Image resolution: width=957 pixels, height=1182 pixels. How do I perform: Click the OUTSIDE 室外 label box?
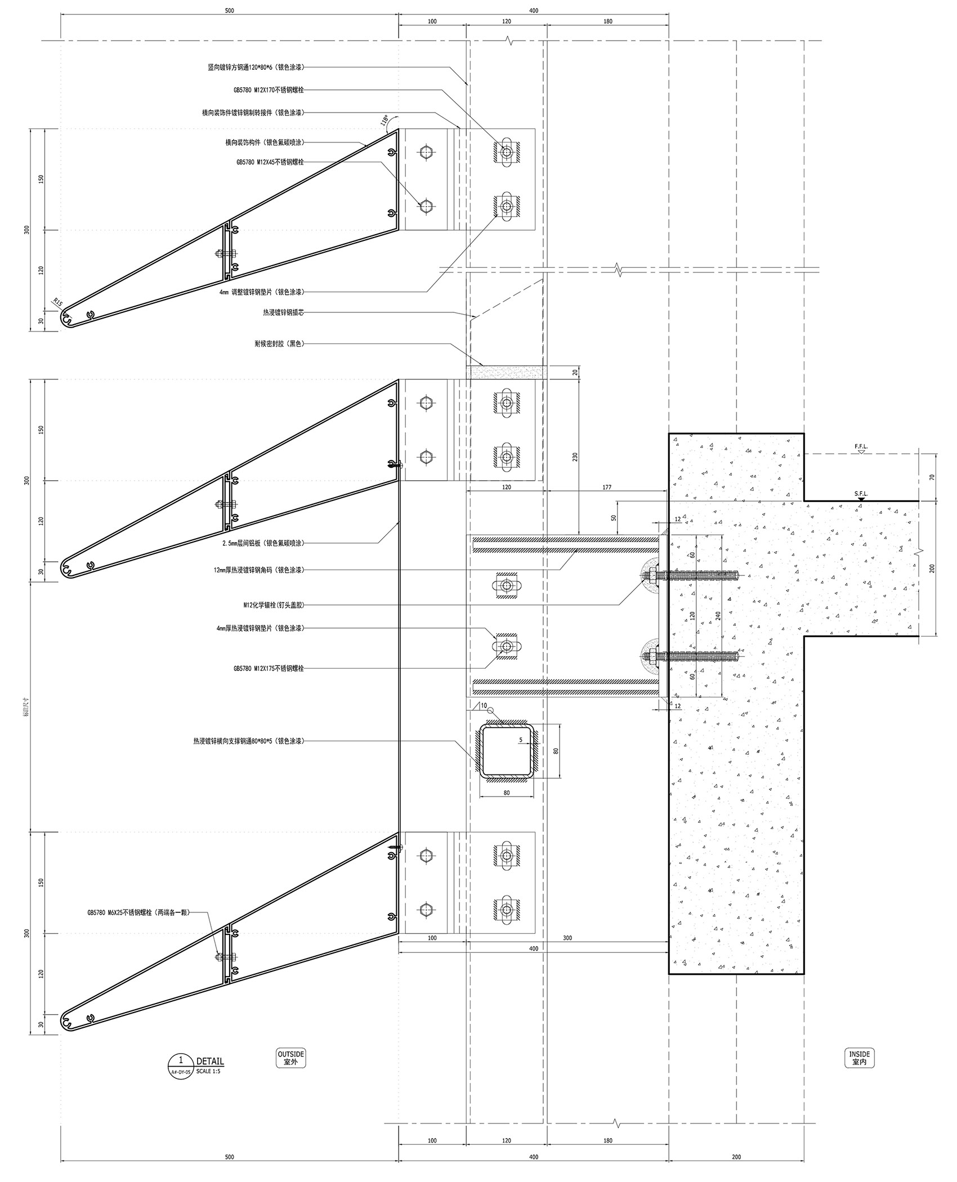point(290,1058)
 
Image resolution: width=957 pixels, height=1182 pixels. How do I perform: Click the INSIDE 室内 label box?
point(859,1058)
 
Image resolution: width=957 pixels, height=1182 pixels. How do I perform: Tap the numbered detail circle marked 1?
point(180,1064)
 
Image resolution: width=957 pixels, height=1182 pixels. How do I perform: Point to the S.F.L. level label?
point(861,494)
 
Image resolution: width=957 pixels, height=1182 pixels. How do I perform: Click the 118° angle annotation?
point(384,121)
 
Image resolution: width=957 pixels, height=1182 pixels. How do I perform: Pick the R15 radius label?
point(58,302)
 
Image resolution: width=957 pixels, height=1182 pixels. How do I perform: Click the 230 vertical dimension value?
point(575,456)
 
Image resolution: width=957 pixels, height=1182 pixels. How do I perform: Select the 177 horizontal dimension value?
point(606,487)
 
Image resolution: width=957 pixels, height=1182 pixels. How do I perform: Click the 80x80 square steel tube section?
point(506,751)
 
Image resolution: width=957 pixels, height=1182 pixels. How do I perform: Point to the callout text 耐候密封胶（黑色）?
point(279,343)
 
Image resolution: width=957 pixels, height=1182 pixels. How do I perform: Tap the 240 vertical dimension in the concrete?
point(717,615)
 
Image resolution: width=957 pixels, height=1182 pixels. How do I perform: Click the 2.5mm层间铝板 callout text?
point(263,543)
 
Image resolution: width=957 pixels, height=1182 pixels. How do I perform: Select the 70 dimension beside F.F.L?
point(932,477)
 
